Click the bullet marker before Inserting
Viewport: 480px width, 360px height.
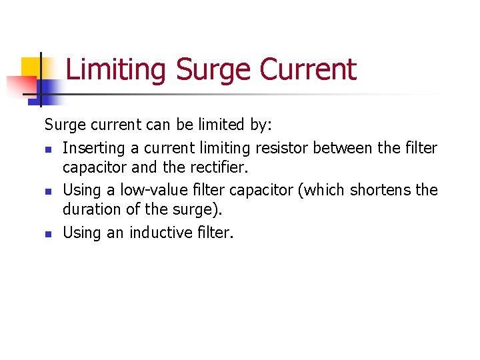point(48,149)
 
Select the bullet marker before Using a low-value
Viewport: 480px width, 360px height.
point(48,191)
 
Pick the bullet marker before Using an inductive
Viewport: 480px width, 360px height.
point(48,234)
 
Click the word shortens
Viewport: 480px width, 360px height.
point(381,190)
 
